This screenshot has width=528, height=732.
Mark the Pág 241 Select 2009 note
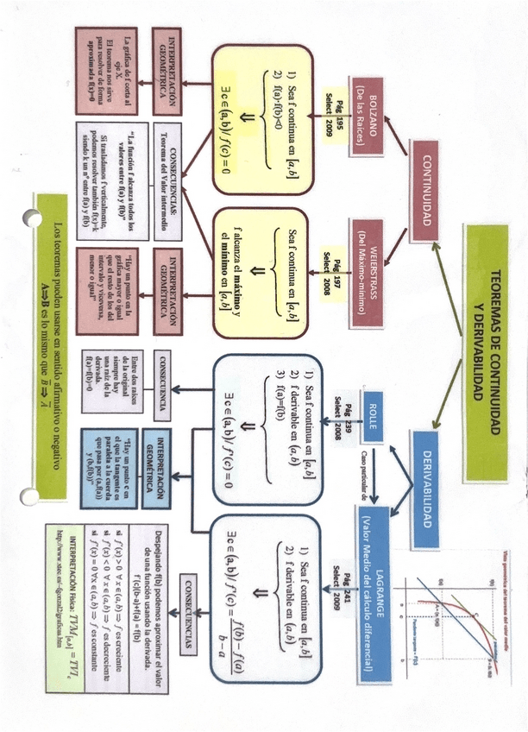pyautogui.click(x=336, y=585)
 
